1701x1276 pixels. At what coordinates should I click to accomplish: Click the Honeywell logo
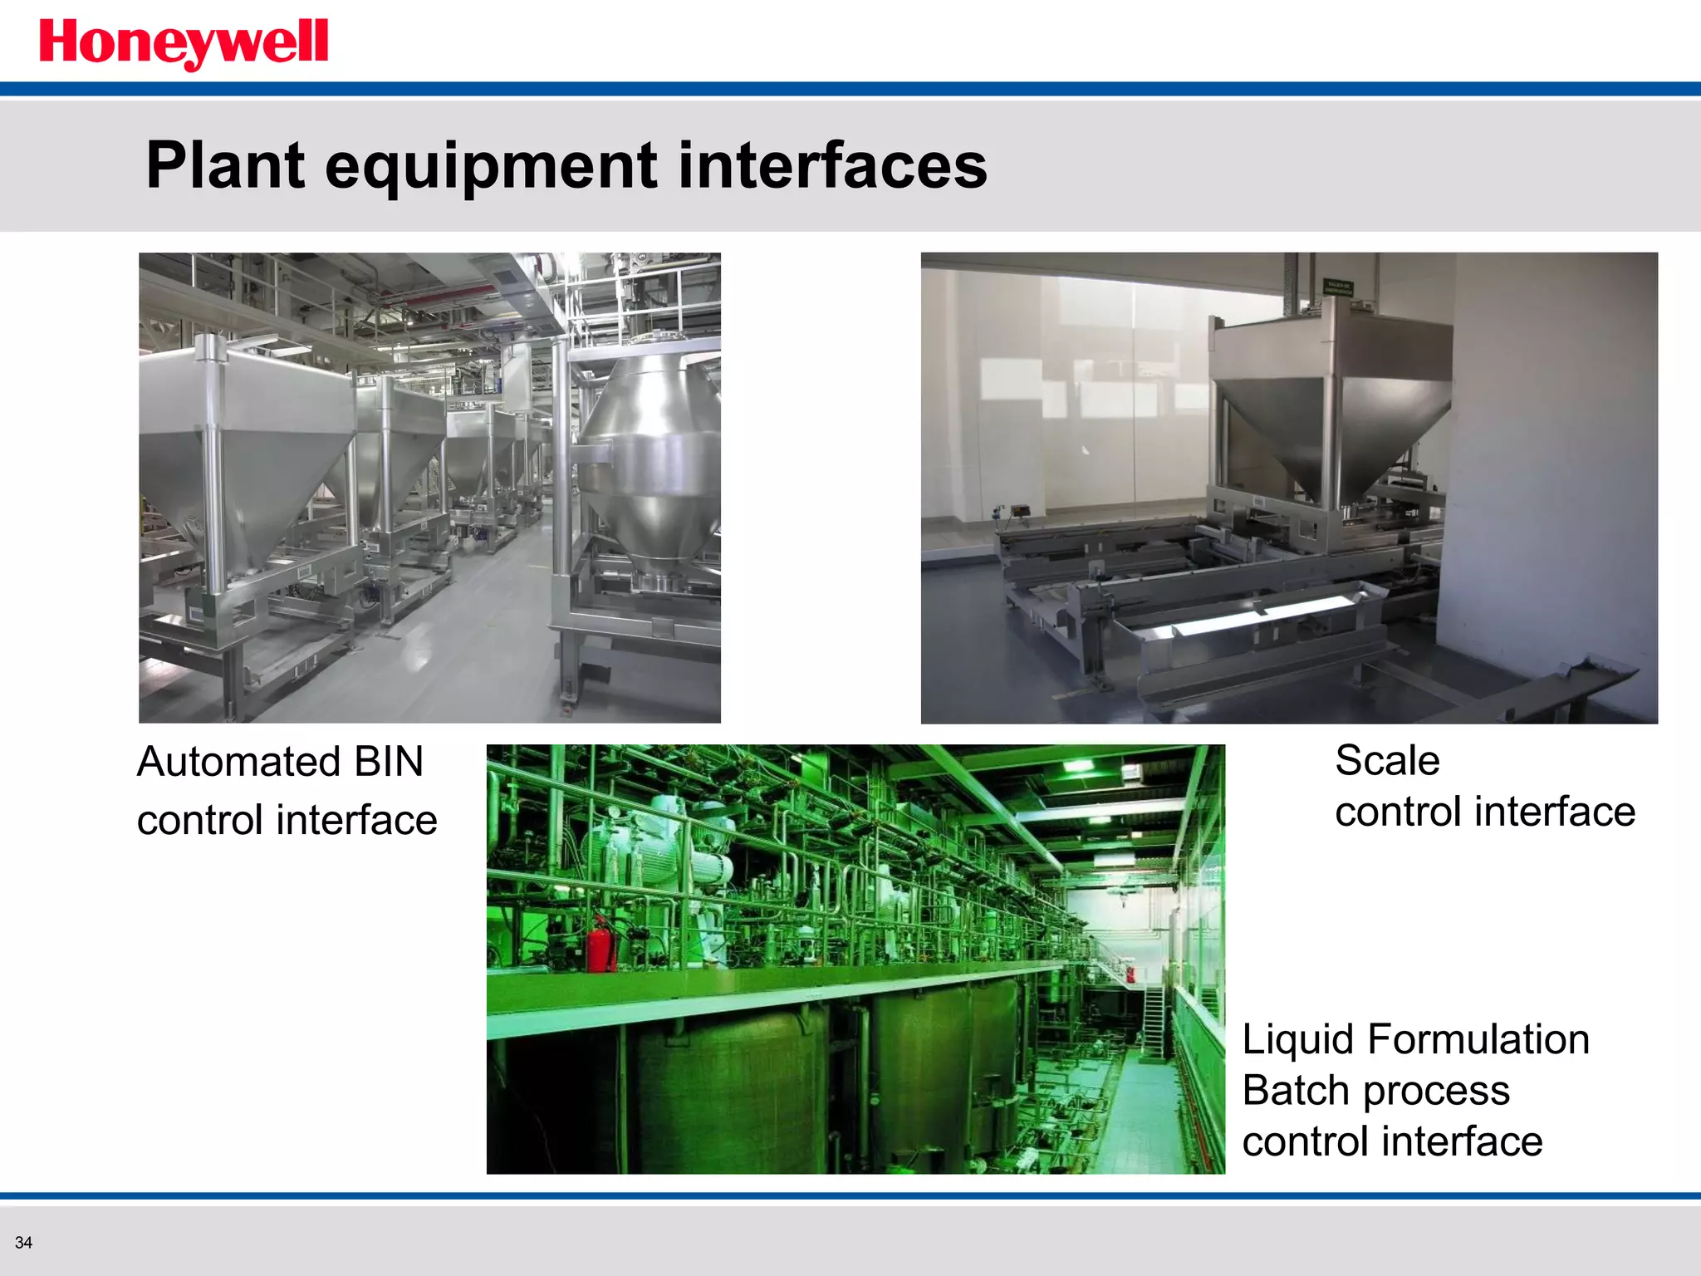(184, 43)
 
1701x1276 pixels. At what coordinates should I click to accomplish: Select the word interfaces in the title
(832, 165)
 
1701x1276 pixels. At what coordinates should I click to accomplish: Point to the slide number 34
(23, 1243)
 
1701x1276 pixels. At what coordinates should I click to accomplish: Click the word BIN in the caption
(388, 762)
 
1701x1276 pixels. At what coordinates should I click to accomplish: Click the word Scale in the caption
(1387, 760)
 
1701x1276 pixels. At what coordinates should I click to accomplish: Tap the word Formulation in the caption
(1478, 1039)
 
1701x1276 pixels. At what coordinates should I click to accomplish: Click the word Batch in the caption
(1293, 1091)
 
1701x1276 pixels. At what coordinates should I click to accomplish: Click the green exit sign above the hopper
(1338, 288)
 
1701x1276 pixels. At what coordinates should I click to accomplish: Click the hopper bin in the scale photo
(1329, 399)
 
